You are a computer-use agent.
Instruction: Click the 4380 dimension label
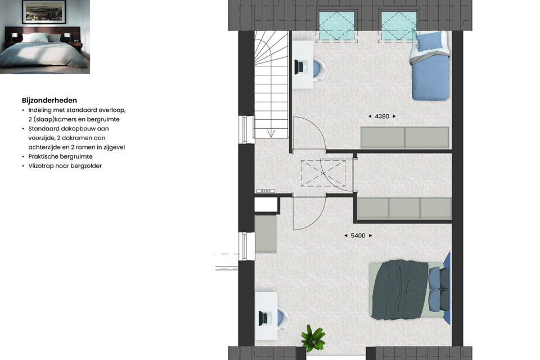tap(382, 116)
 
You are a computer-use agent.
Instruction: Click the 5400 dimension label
tap(358, 236)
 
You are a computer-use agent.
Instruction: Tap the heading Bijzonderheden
tap(49, 100)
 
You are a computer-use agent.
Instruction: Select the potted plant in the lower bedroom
tap(312, 337)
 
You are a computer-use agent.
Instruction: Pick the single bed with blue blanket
tap(430, 66)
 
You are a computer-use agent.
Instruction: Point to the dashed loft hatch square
tap(323, 173)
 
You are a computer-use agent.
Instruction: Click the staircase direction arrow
tap(271, 133)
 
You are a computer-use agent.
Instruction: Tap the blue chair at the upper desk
tap(319, 69)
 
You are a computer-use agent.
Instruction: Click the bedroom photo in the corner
tap(45, 37)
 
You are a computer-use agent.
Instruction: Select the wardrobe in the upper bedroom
tap(404, 138)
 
